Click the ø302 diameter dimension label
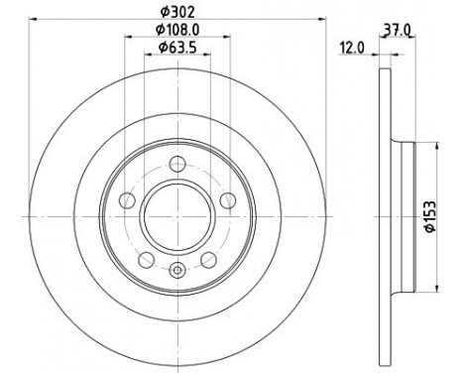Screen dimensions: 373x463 (176, 13)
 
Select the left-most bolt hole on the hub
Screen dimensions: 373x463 (128, 200)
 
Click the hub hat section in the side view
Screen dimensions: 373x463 (402, 215)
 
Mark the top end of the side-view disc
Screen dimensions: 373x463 (383, 71)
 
